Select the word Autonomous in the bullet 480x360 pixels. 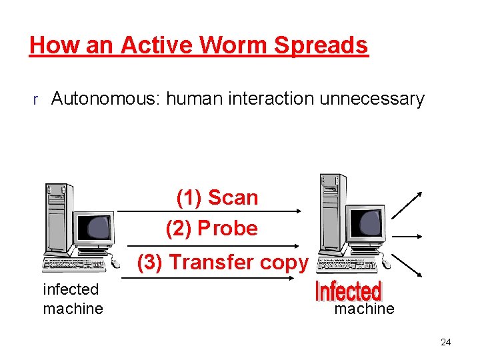click(x=107, y=99)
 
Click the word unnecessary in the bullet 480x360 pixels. click(x=371, y=99)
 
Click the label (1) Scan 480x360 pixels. click(x=217, y=197)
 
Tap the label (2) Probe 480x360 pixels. click(x=212, y=228)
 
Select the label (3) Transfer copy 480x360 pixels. click(x=223, y=262)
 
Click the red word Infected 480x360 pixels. click(x=348, y=291)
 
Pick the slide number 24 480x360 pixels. click(x=445, y=343)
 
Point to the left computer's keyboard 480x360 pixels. click(x=73, y=266)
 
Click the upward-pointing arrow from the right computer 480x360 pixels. click(x=407, y=205)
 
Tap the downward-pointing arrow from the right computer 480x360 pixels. click(x=407, y=265)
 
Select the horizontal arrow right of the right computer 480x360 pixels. click(x=407, y=236)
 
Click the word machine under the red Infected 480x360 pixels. click(x=364, y=309)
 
